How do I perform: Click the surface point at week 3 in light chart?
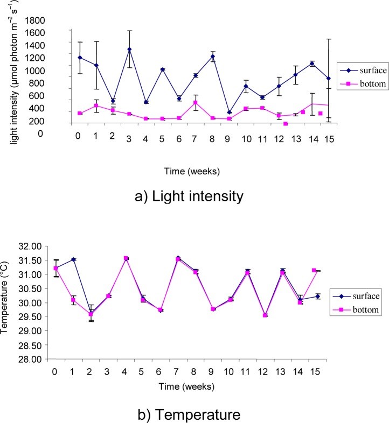(129, 50)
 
